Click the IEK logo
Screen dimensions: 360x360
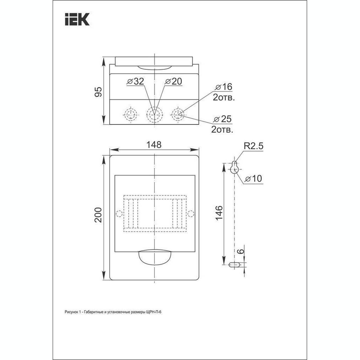coord(77,19)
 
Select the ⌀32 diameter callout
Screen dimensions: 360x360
coord(136,82)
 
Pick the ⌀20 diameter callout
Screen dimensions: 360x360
coord(174,82)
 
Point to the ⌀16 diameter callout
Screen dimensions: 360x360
coord(224,87)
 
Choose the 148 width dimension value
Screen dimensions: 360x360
coord(154,145)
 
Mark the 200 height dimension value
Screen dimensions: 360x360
coord(98,215)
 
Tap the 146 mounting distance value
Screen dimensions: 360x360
coord(219,213)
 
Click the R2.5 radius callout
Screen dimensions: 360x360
coord(254,146)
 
